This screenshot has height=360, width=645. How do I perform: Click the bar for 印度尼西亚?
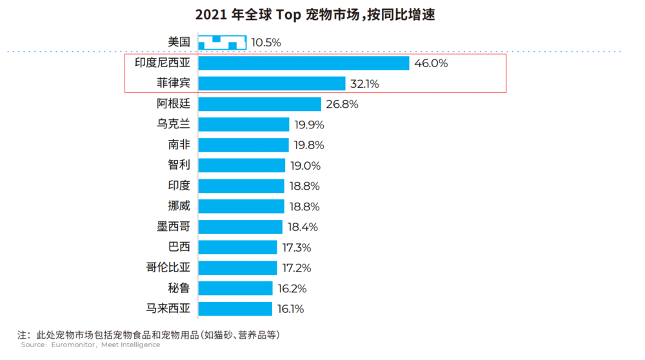point(304,63)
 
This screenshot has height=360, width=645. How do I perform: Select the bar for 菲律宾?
point(272,84)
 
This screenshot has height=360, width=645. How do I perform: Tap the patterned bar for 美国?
point(222,43)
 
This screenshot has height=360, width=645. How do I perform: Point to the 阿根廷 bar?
point(259,104)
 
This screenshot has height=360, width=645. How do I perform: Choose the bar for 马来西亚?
point(235,308)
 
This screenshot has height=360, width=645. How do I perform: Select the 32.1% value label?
point(364,84)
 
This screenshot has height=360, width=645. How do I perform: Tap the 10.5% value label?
point(266,43)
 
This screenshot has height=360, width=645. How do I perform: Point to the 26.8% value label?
point(342,104)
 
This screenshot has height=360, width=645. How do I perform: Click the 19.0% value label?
point(305,166)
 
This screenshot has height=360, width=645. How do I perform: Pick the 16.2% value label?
point(292,288)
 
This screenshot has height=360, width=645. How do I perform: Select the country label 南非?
point(179,145)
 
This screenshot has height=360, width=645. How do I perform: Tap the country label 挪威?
point(179,206)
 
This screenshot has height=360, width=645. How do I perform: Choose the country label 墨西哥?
point(174,227)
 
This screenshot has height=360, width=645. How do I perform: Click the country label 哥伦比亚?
point(168,268)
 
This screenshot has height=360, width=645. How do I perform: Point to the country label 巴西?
point(179,247)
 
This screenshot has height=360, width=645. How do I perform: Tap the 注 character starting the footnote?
point(23,335)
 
